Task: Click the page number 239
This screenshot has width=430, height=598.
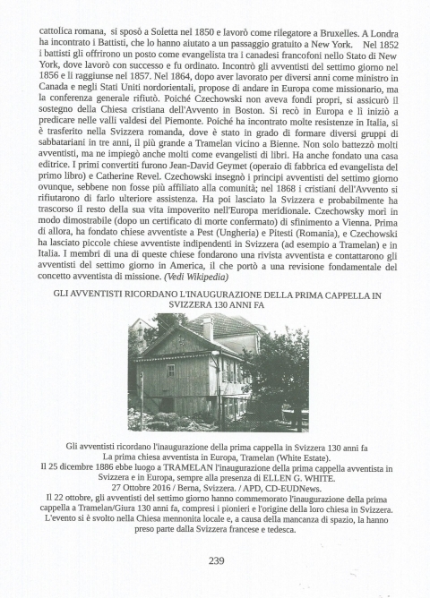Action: coord(215,561)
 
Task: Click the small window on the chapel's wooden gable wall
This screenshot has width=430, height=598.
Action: coord(171,369)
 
